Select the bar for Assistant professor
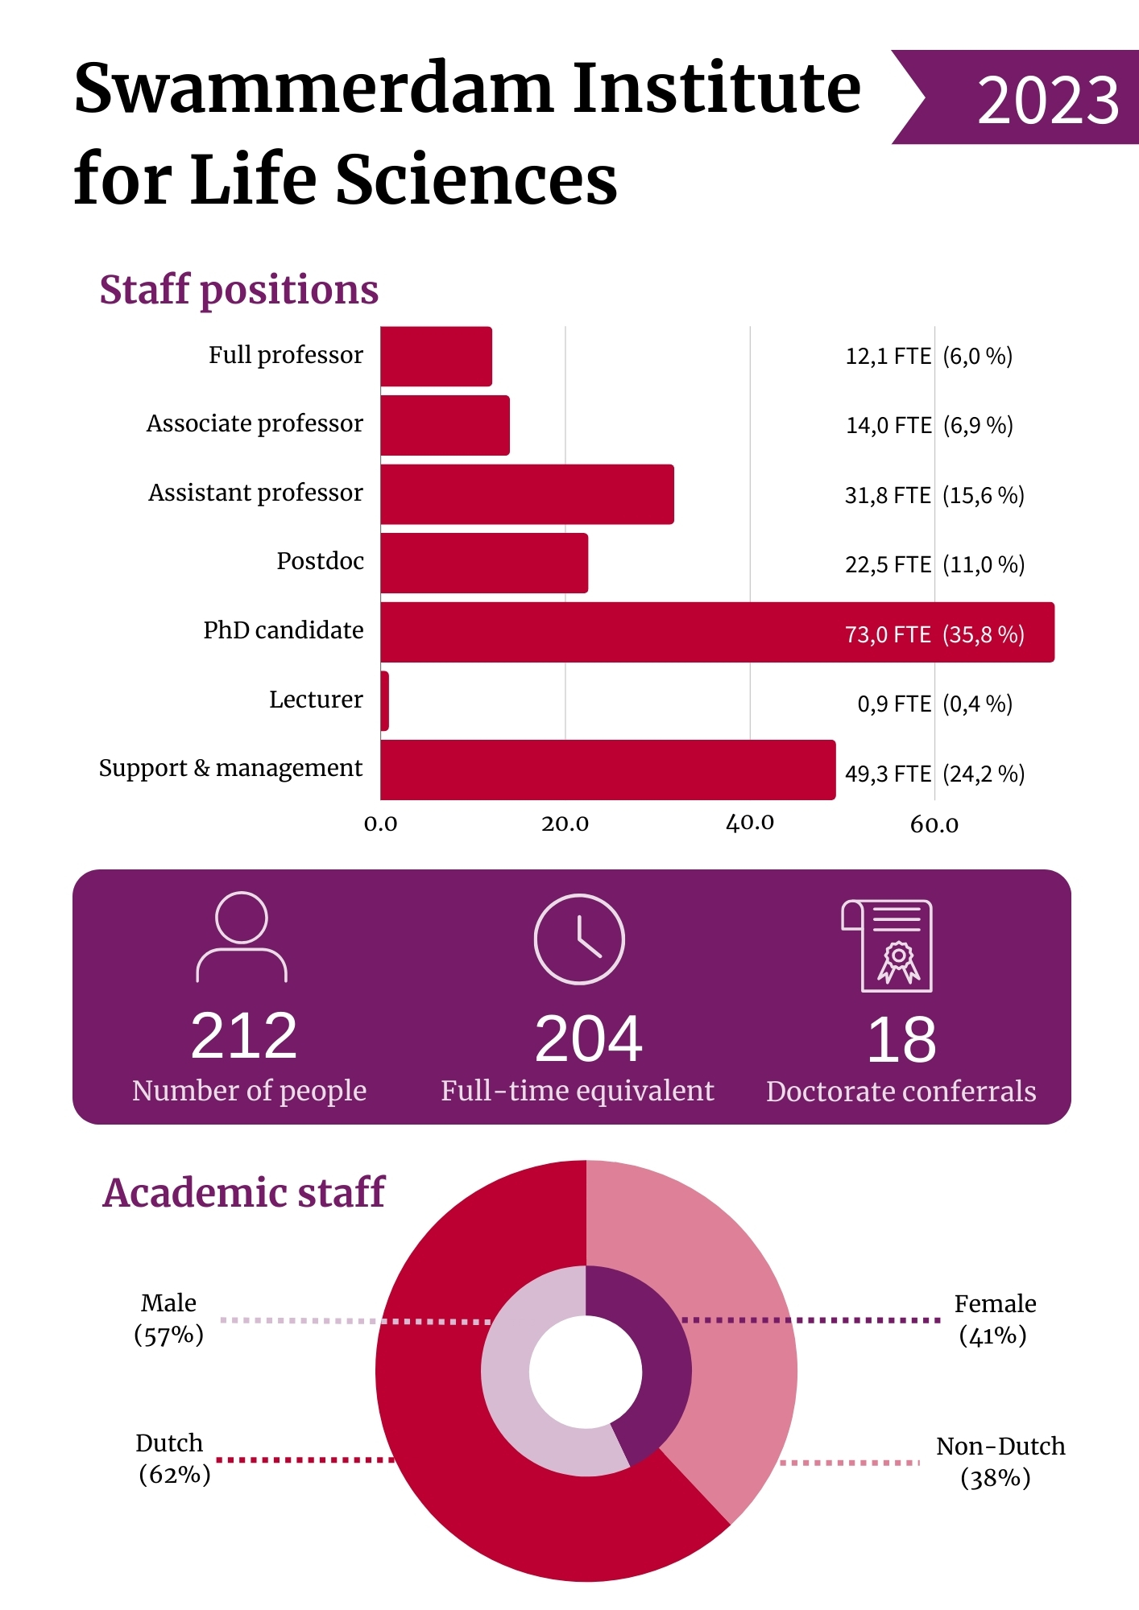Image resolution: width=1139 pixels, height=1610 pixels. (527, 494)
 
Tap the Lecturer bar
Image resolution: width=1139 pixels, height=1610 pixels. (385, 701)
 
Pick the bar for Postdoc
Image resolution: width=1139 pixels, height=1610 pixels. (484, 563)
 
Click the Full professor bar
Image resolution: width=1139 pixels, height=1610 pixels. (436, 357)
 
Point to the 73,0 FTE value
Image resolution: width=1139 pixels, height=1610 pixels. (888, 634)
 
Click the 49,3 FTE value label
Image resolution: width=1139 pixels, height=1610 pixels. (888, 774)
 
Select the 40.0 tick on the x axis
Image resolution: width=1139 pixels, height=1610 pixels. (750, 823)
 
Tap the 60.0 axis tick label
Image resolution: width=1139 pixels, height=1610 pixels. (934, 824)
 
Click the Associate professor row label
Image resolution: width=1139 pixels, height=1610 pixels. (255, 423)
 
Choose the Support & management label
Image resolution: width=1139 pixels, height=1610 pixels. (230, 768)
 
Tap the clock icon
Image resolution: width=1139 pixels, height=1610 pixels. (579, 939)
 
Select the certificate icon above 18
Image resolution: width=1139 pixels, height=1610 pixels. (888, 946)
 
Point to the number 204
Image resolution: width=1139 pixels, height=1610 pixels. (589, 1038)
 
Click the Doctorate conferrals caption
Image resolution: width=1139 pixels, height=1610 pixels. (901, 1092)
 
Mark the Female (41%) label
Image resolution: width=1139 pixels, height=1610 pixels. (994, 1319)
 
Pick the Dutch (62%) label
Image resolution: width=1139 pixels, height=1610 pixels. (172, 1459)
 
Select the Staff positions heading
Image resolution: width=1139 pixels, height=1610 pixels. (238, 290)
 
